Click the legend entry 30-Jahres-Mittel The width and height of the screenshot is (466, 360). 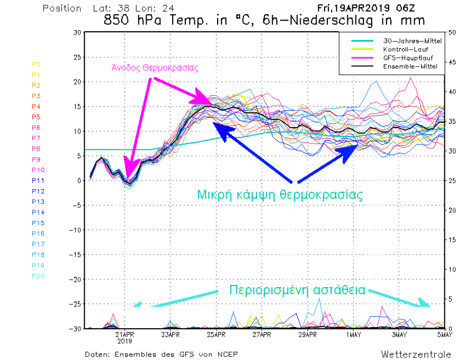point(406,41)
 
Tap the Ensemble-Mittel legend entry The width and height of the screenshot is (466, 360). point(406,66)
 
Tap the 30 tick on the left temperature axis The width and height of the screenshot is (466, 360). point(77,32)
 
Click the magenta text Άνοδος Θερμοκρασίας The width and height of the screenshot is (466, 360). point(154,67)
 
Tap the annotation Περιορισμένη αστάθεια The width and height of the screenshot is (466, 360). point(297,290)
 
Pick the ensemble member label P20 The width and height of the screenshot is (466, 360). point(38,276)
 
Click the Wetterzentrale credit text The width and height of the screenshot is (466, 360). point(416,354)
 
